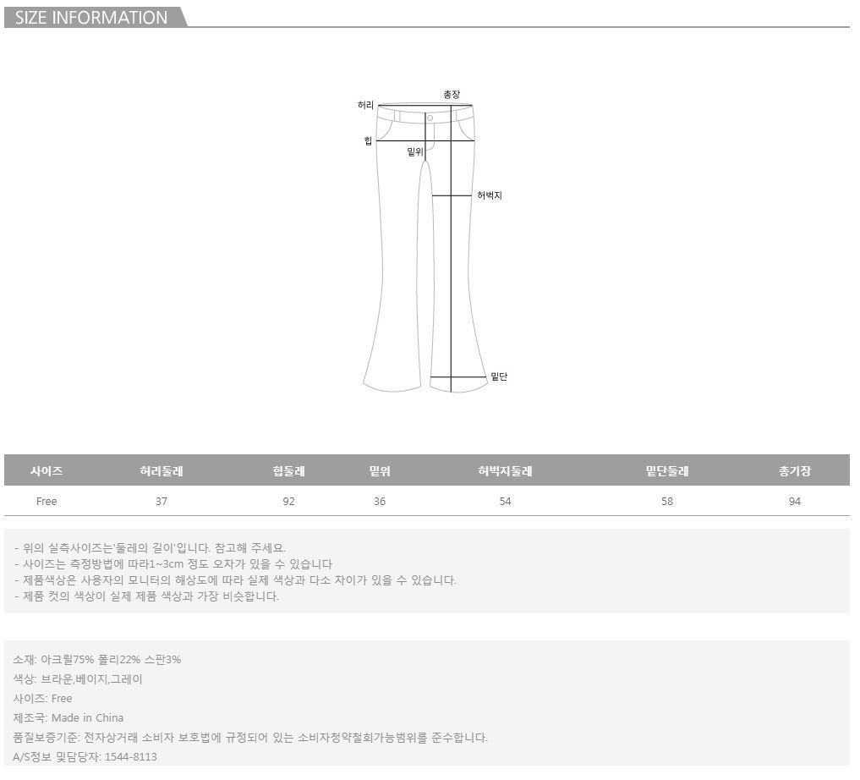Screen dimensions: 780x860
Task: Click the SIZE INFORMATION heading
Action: (x=91, y=18)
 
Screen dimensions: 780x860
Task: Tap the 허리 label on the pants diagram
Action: (x=365, y=105)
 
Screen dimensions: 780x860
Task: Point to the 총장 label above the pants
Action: (x=452, y=95)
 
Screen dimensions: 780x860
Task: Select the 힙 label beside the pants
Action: (x=368, y=141)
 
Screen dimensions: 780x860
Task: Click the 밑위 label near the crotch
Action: (x=414, y=151)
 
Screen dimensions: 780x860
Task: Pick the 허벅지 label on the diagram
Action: (x=490, y=195)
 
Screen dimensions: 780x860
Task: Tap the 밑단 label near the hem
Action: (x=499, y=376)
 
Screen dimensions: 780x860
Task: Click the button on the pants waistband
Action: (x=430, y=118)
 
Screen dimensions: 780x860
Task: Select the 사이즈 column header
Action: (x=47, y=471)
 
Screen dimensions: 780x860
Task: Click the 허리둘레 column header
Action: (x=162, y=471)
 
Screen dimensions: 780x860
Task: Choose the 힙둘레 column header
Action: (x=289, y=471)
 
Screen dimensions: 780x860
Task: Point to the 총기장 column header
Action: (x=794, y=471)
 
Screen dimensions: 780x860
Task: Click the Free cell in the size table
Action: (x=47, y=502)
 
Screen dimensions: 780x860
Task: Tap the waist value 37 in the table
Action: (x=162, y=502)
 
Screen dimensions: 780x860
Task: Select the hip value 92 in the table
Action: (x=289, y=502)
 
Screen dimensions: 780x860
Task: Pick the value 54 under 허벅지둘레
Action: (x=505, y=502)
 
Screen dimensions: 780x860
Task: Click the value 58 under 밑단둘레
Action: (x=667, y=502)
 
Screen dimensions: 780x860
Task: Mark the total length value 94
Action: (x=794, y=502)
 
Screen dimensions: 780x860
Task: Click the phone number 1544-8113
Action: (x=130, y=756)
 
